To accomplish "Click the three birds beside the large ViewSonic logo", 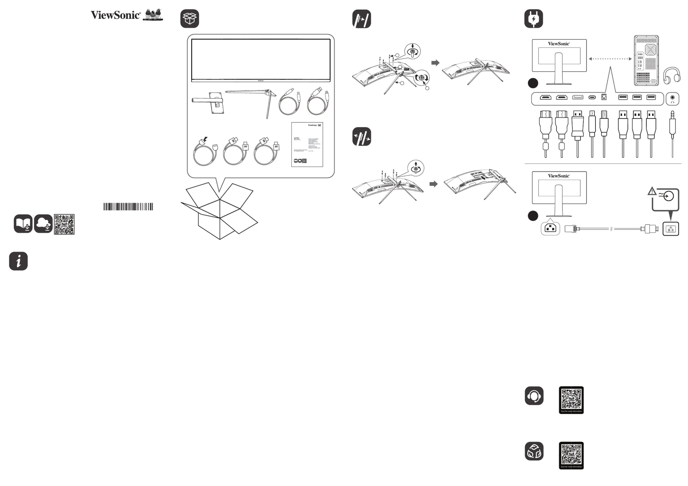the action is (153, 15).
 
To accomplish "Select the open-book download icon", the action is (23, 224).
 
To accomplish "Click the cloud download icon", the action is (43, 224).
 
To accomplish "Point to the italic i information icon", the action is (18, 261).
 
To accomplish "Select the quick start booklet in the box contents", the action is (307, 144).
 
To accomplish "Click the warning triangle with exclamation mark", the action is (652, 191).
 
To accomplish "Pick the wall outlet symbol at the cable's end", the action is (671, 229).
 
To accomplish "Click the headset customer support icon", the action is (534, 396).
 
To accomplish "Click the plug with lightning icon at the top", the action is (533, 19).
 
